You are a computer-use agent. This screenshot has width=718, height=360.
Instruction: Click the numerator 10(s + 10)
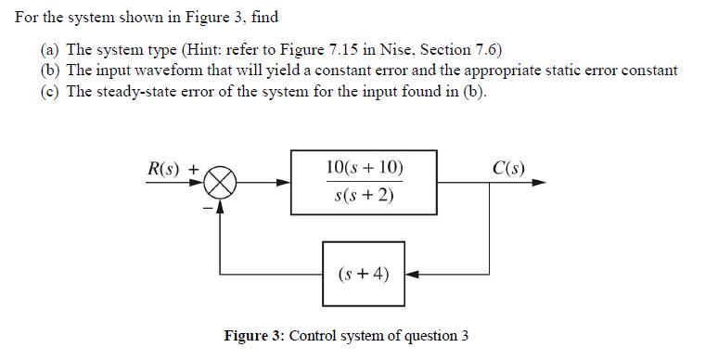tap(365, 168)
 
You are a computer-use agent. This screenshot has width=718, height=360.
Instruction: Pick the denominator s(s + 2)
tap(365, 196)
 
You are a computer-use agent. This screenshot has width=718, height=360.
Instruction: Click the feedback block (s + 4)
tap(365, 274)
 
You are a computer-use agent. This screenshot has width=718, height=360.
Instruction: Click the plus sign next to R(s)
tap(195, 170)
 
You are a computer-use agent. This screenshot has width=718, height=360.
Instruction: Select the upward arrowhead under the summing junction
tap(221, 207)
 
